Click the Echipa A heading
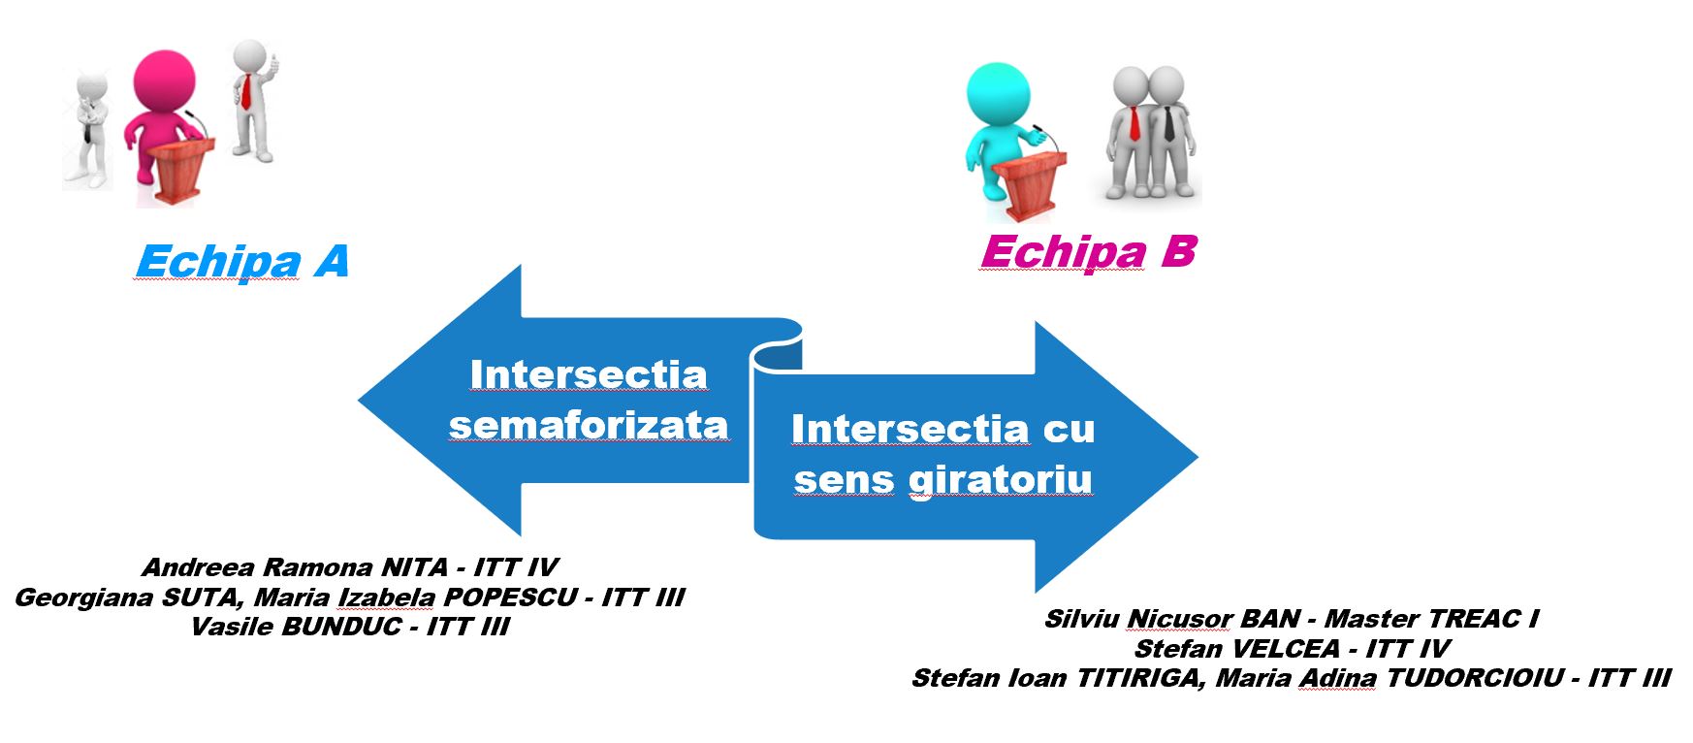coord(242,262)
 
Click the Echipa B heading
coord(1088,253)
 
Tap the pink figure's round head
coord(164,81)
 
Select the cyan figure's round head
coord(998,94)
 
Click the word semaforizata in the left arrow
coord(589,426)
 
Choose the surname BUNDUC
coord(341,627)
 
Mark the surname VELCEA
coord(1283,649)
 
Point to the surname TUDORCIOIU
coord(1474,678)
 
